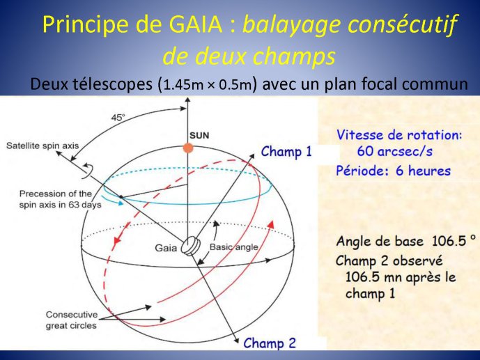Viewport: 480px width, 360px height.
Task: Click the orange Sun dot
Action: (188, 148)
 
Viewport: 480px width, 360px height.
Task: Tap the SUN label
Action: (199, 136)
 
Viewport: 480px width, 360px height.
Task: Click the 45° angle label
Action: (118, 118)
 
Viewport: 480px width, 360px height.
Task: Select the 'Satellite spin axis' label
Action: (42, 146)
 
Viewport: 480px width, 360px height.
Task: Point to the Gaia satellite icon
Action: (190, 245)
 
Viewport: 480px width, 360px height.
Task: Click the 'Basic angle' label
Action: (233, 246)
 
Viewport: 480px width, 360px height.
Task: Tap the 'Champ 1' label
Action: (286, 151)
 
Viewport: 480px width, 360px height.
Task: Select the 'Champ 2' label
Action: (270, 343)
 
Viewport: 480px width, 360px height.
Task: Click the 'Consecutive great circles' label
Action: (71, 320)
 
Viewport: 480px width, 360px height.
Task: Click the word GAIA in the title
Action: (196, 24)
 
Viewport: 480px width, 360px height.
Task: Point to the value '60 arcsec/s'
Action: (394, 151)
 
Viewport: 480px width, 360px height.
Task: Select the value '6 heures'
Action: (423, 171)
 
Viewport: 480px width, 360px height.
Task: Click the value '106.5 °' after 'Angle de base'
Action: (454, 241)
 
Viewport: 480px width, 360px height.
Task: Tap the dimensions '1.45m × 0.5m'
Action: (208, 85)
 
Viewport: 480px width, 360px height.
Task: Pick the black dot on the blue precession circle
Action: (121, 197)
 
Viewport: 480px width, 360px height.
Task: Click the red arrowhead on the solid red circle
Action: (270, 224)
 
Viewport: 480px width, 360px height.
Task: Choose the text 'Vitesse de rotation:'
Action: (399, 135)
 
